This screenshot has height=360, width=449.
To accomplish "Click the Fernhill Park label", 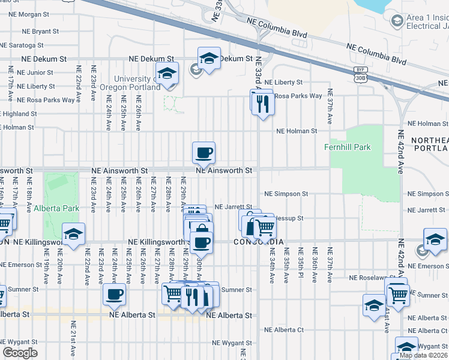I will [364, 147].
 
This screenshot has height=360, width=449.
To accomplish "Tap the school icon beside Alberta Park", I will [73, 234].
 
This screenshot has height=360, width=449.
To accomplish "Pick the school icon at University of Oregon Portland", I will [167, 74].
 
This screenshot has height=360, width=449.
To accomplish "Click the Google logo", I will [19, 353].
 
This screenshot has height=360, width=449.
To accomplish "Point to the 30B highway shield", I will [360, 77].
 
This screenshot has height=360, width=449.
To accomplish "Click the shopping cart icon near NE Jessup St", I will [265, 228].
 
